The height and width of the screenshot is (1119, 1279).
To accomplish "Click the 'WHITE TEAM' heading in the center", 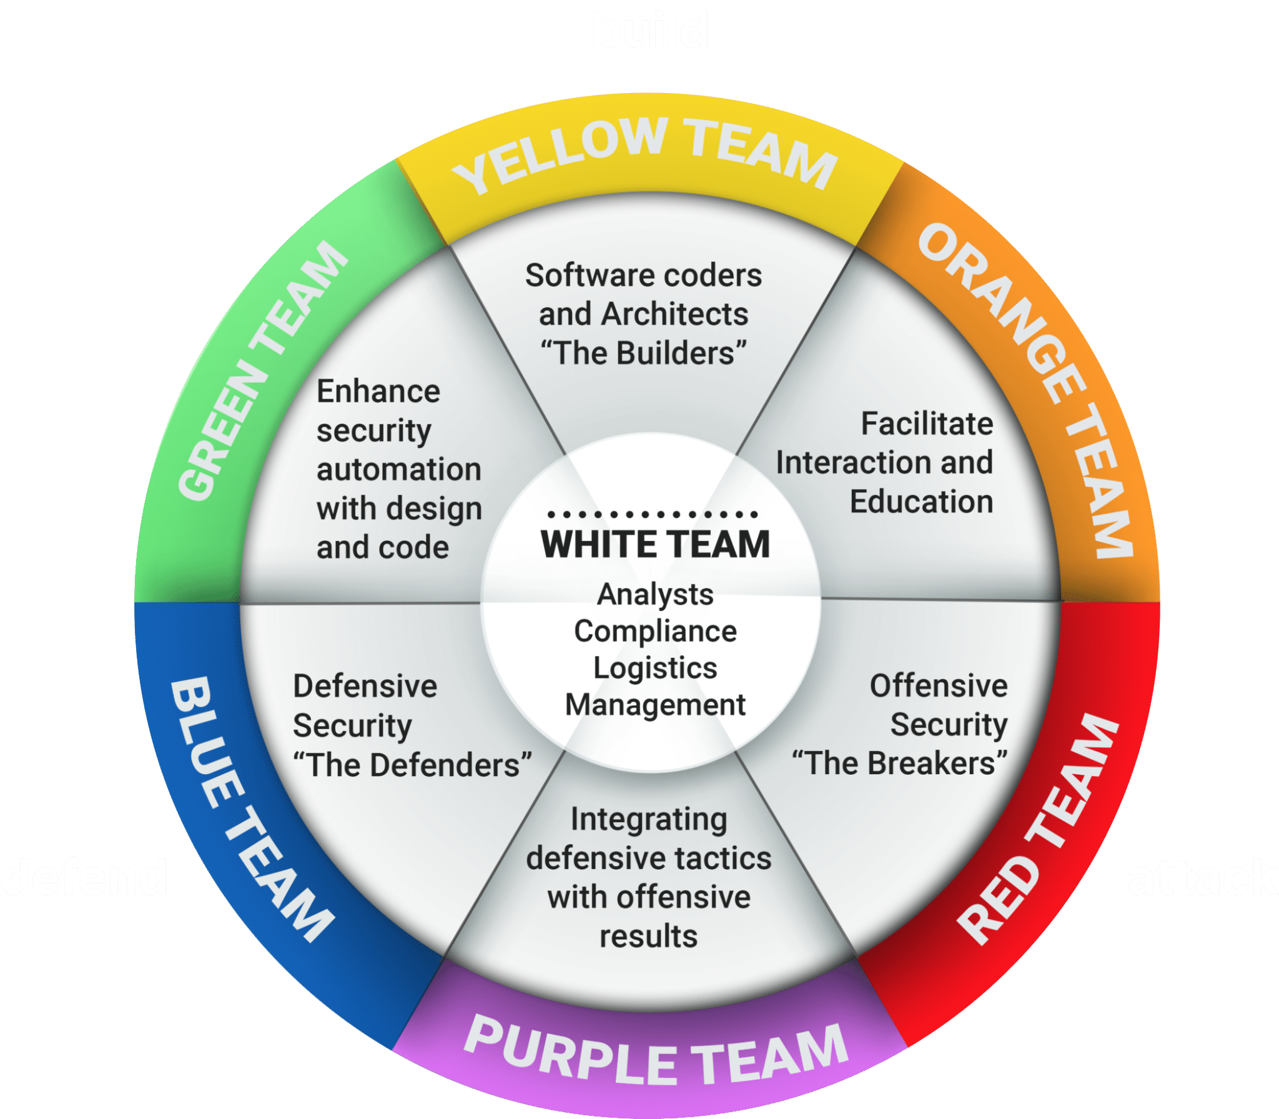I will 655,544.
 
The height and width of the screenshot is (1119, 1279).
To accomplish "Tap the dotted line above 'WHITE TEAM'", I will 653,515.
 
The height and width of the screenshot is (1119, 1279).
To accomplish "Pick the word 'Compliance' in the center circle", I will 655,632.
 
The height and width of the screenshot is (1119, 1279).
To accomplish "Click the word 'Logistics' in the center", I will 655,668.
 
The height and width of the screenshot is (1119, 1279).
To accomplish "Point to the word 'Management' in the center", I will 655,705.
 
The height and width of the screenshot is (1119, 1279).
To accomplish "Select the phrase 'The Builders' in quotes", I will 644,353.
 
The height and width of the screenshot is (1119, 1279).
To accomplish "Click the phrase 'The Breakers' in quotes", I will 900,763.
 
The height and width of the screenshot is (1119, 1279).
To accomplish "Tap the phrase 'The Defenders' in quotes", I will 413,765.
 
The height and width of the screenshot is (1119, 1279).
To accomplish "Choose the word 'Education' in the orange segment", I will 921,502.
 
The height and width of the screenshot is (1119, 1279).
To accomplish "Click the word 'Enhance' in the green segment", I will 378,392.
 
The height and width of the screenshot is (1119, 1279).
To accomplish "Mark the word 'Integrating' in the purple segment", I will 649,820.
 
